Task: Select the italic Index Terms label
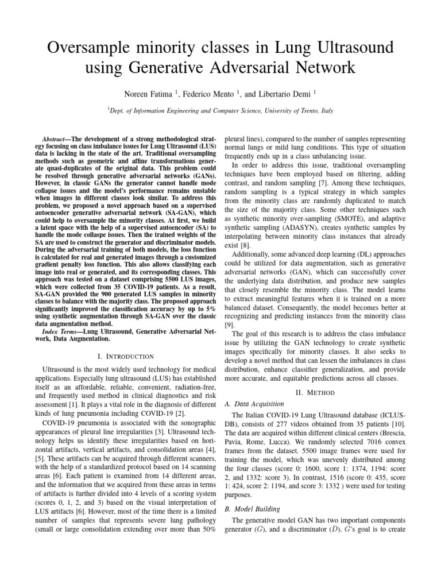pos(62,331)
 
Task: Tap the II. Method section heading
pos(315,393)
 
